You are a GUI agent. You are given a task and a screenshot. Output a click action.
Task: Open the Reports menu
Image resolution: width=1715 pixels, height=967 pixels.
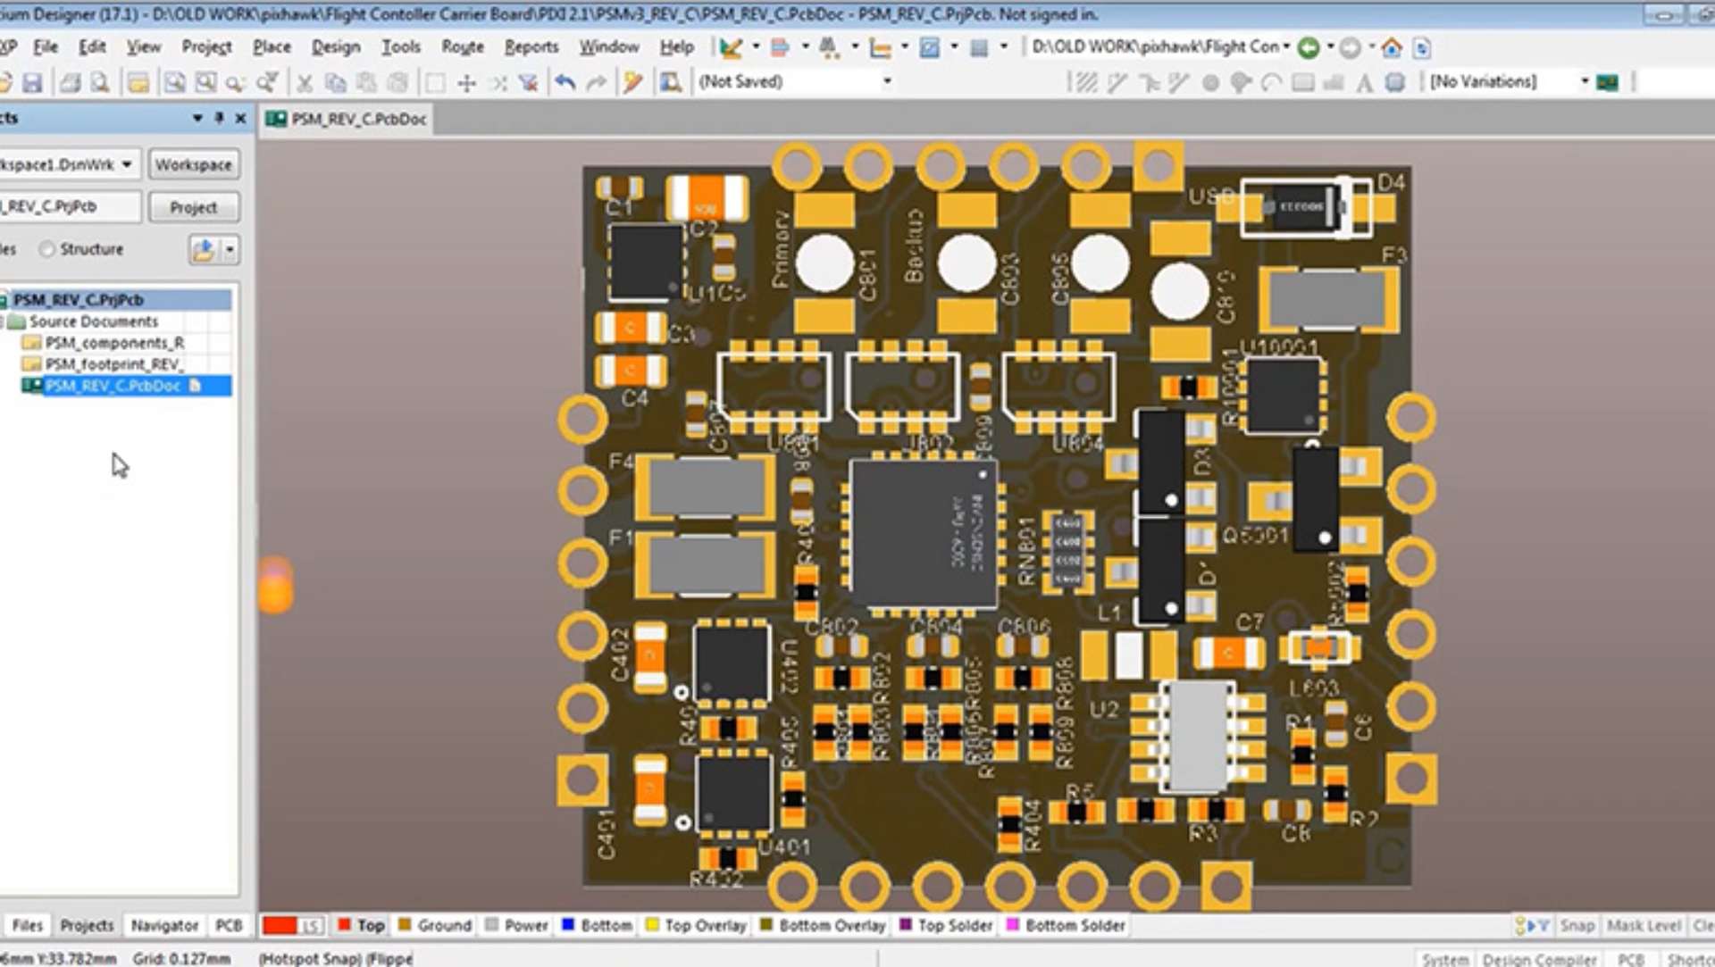click(x=531, y=47)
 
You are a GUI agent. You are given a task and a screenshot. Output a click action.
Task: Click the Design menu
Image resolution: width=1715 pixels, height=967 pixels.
click(x=335, y=47)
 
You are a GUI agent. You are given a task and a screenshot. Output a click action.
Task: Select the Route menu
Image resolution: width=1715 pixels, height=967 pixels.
click(x=462, y=47)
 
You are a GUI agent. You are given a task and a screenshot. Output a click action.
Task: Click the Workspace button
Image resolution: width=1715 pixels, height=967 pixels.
click(x=193, y=165)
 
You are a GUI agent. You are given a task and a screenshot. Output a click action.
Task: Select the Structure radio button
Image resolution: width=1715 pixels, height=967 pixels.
click(x=48, y=249)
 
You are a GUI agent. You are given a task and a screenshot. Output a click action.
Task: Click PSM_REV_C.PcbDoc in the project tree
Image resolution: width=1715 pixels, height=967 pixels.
click(x=113, y=386)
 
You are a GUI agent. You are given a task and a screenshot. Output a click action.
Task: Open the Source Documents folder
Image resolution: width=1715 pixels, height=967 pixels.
click(x=93, y=321)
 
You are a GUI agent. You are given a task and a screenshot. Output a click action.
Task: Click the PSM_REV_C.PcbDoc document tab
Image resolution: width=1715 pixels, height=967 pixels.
click(x=357, y=119)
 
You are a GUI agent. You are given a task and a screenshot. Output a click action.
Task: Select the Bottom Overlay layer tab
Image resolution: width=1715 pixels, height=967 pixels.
click(x=831, y=926)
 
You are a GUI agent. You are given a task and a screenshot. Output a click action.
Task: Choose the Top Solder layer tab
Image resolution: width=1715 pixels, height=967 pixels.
click(x=954, y=926)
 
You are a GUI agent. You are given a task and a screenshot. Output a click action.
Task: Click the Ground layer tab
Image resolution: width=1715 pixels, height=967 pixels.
click(x=443, y=926)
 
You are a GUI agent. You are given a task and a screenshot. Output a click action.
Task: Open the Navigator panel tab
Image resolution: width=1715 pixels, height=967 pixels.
click(x=164, y=926)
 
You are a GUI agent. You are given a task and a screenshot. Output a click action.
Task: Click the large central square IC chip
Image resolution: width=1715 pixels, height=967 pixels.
click(x=922, y=534)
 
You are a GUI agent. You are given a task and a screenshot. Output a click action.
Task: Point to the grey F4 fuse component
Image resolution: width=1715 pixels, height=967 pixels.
click(x=706, y=488)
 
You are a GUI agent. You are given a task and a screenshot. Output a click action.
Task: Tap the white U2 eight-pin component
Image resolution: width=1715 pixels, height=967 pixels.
click(x=1197, y=736)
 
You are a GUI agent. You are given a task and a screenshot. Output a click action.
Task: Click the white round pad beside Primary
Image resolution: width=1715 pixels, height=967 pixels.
click(x=824, y=263)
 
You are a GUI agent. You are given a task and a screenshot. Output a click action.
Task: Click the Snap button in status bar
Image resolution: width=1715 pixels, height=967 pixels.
click(x=1577, y=926)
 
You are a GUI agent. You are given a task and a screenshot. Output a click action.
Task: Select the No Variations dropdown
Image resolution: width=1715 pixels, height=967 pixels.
click(x=1508, y=82)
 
